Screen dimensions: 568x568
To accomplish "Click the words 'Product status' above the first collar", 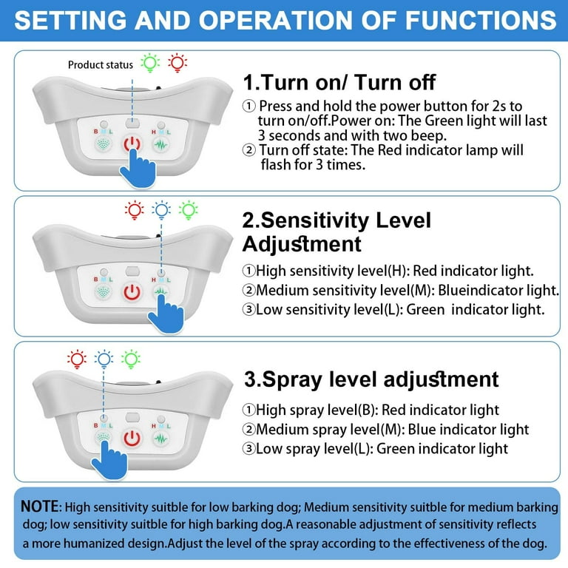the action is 101,65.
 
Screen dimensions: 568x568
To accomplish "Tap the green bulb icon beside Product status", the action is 150,63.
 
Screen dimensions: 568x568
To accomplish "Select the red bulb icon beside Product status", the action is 177,63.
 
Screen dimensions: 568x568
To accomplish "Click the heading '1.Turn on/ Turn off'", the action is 339,82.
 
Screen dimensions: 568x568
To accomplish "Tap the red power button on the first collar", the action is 132,143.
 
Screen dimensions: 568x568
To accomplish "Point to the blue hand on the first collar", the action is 138,169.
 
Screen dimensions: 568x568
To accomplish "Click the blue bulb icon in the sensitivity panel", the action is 161,210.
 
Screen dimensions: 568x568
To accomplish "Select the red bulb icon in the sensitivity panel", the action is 135,210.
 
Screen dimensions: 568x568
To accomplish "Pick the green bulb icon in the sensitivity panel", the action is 189,210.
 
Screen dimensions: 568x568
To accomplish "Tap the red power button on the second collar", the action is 132,292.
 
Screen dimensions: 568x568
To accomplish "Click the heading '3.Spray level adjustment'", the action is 371,379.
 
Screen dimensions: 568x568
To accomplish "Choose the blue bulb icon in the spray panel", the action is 104,359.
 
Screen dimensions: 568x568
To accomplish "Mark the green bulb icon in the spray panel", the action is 131,359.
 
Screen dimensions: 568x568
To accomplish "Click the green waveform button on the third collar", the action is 160,439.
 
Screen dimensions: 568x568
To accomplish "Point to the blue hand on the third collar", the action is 109,460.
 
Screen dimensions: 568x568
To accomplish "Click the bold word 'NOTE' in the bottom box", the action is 39,507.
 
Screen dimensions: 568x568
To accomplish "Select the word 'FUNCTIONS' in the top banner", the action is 481,20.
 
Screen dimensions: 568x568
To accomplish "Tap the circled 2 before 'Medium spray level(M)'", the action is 248,429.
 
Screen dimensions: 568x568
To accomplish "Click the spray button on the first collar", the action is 104,144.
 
